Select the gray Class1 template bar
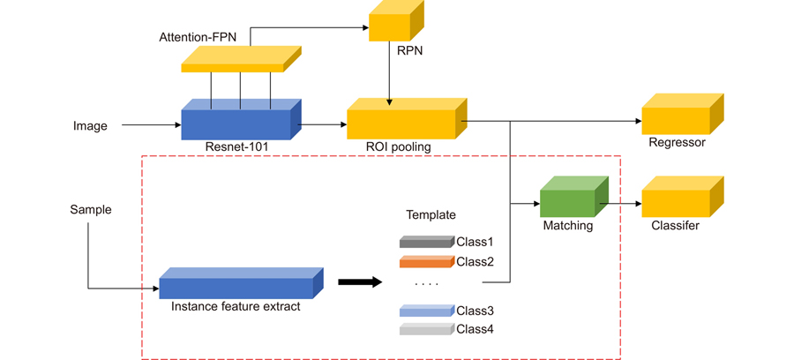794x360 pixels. pos(426,242)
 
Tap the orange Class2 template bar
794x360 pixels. pos(426,261)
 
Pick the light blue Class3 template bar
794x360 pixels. pos(426,311)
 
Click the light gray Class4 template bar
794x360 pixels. pos(426,329)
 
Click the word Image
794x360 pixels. pos(90,126)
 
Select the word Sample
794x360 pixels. pos(91,209)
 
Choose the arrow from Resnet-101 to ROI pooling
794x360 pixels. pos(324,125)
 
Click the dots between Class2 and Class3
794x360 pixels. pos(426,285)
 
